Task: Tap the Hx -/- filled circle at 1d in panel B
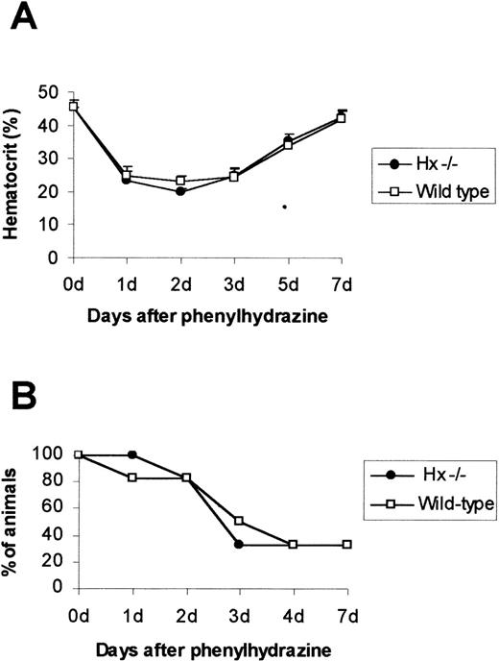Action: pyautogui.click(x=131, y=454)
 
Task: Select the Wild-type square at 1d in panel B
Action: pyautogui.click(x=131, y=477)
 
